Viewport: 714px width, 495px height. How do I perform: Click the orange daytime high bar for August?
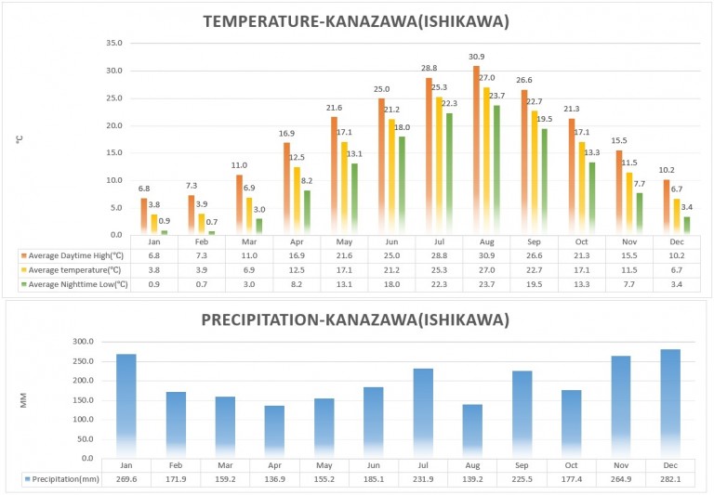pyautogui.click(x=476, y=149)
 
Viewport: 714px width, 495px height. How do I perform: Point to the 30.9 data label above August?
pyautogui.click(x=476, y=58)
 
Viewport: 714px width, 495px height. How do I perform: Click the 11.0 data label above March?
pyautogui.click(x=239, y=164)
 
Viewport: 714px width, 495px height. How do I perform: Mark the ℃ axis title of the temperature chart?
pyautogui.click(x=18, y=139)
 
